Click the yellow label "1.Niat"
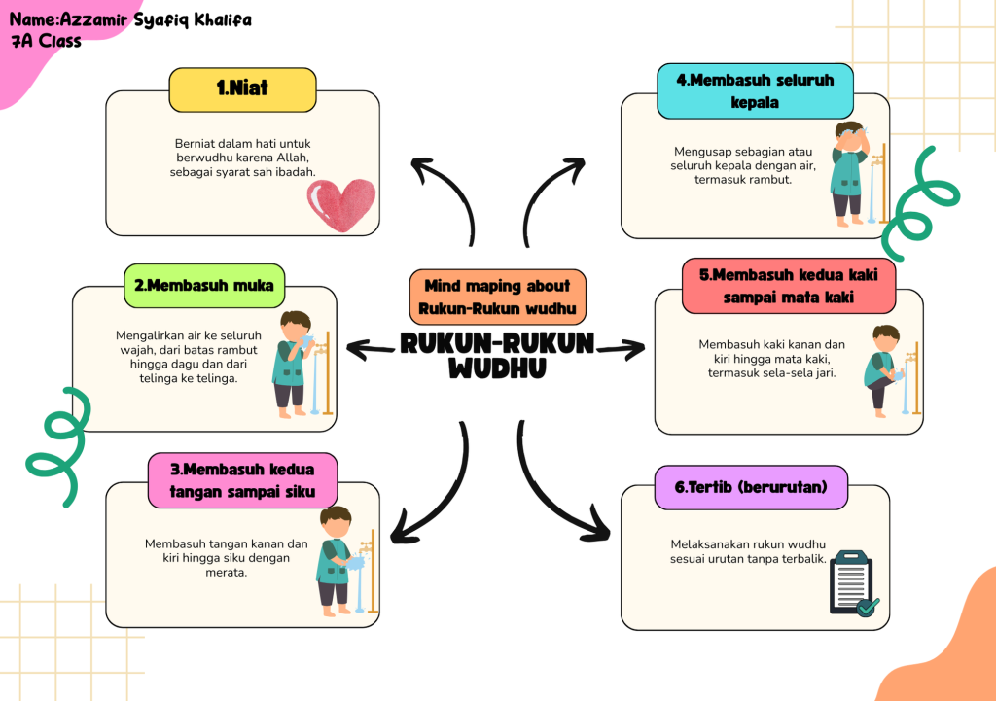coord(242,89)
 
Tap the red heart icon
coord(340,204)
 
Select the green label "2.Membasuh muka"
coord(204,286)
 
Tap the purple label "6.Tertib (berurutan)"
coord(750,487)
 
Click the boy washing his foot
coord(883,370)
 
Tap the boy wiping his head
coord(848,175)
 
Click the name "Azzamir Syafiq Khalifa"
coord(156,19)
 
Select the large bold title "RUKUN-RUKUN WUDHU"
coord(498,356)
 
